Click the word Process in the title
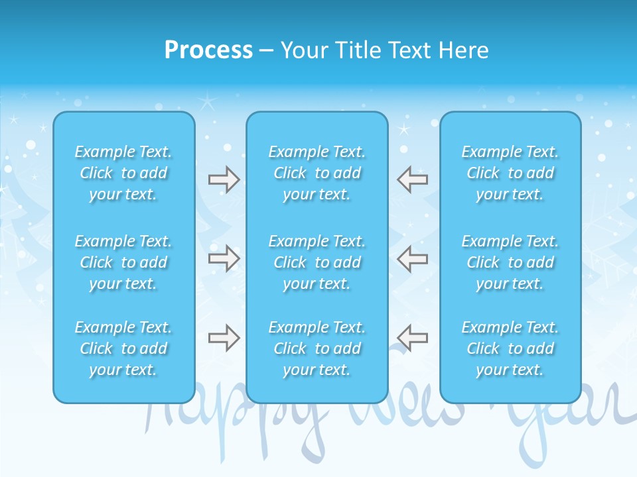click(x=208, y=50)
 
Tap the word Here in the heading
click(x=464, y=50)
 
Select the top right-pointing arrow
click(x=224, y=180)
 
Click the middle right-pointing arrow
click(x=224, y=258)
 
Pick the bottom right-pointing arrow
click(x=224, y=338)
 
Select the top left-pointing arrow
click(x=413, y=180)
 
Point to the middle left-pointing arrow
click(x=413, y=258)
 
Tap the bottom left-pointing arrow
click(x=413, y=338)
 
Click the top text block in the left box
click(x=123, y=173)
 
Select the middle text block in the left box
click(x=123, y=262)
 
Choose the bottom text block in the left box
click(x=123, y=348)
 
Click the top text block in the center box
click(x=317, y=173)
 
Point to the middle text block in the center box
click(x=317, y=262)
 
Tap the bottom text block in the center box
click(x=317, y=348)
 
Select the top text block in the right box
click(x=510, y=173)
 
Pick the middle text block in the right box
click(x=510, y=262)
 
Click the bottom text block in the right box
click(x=510, y=348)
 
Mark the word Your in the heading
click(x=305, y=50)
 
